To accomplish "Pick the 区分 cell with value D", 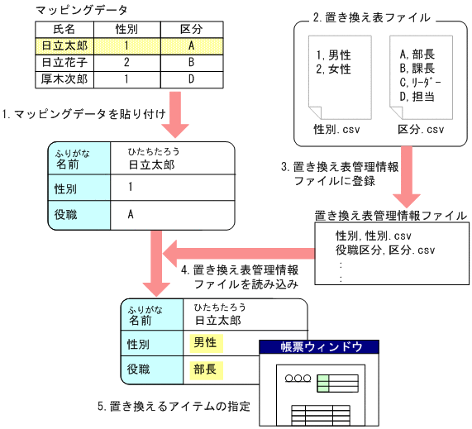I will point(191,80).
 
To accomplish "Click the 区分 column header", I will point(191,30).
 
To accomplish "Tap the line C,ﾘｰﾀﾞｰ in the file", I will point(420,83).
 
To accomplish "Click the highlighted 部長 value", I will point(204,369).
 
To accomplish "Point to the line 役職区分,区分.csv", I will point(385,250).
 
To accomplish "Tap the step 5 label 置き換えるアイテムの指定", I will point(173,408).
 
